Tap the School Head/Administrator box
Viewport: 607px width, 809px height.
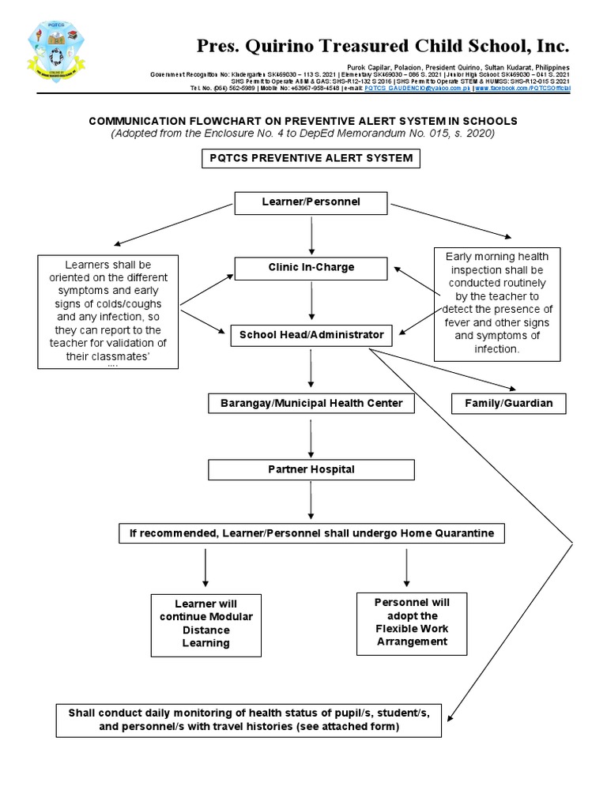click(x=311, y=335)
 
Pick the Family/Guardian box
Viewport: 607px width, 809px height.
click(x=513, y=404)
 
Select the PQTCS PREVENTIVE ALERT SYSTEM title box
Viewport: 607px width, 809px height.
click(x=311, y=158)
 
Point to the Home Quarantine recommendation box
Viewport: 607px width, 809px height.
click(x=311, y=533)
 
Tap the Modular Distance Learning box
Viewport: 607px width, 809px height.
click(x=205, y=624)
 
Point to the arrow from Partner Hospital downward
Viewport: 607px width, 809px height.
click(x=311, y=501)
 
